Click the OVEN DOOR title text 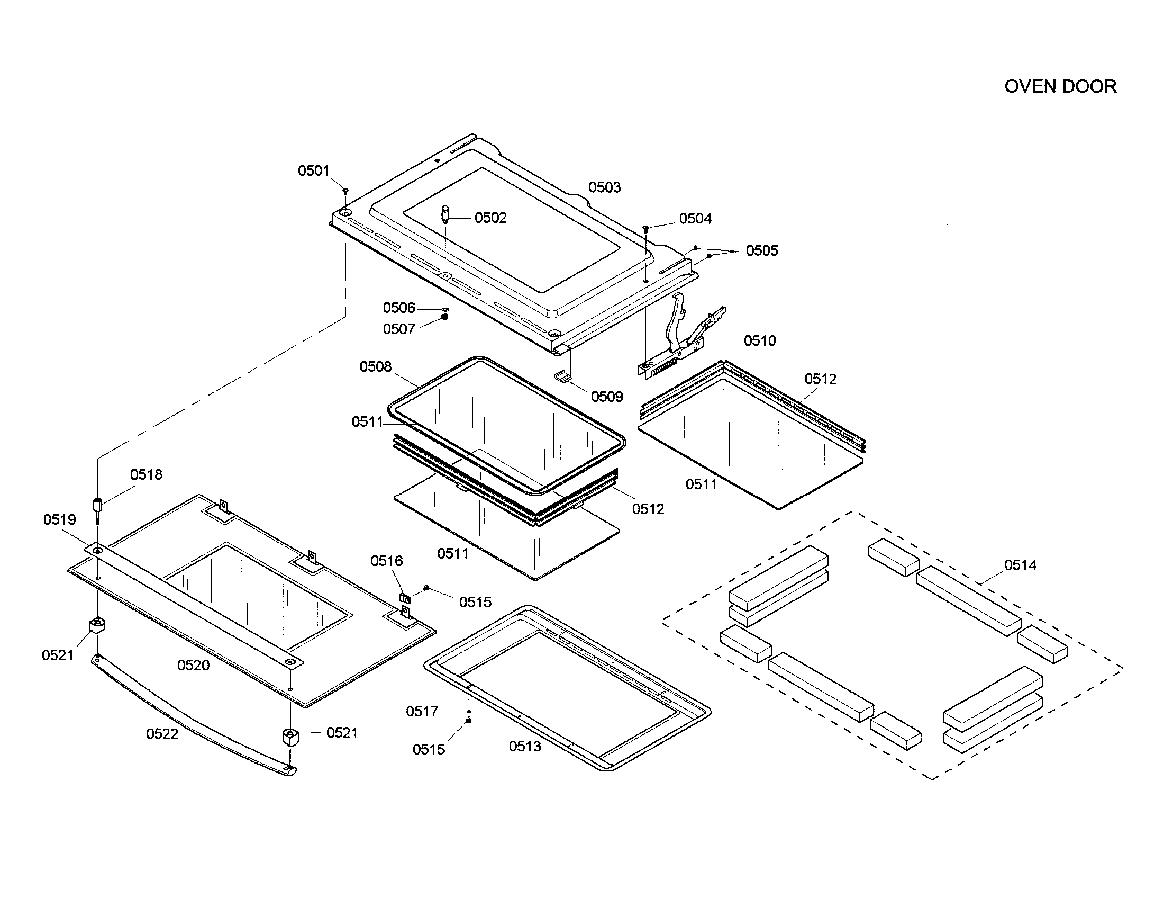point(1060,87)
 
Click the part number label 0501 point(313,170)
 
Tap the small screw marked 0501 point(345,190)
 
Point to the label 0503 point(604,187)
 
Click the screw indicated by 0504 point(645,228)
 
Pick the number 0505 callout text point(761,250)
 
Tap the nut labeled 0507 point(445,317)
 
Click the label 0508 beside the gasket point(375,367)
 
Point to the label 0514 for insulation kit point(1020,565)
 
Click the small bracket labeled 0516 point(405,599)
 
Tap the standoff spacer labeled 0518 point(98,505)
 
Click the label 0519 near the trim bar point(60,519)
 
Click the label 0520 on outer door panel point(193,665)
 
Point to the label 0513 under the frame point(524,747)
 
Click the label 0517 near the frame point(422,712)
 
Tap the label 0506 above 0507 point(398,308)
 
